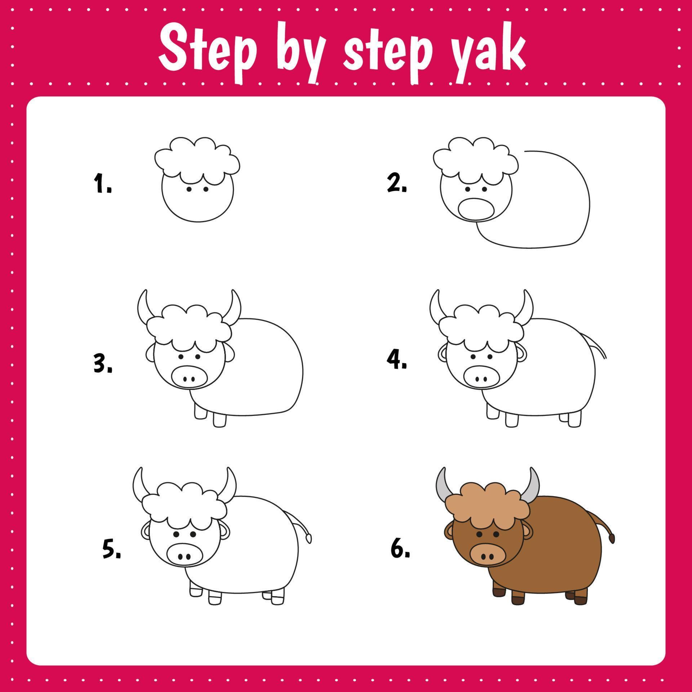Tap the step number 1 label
(102, 184)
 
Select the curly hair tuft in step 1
(197, 157)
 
